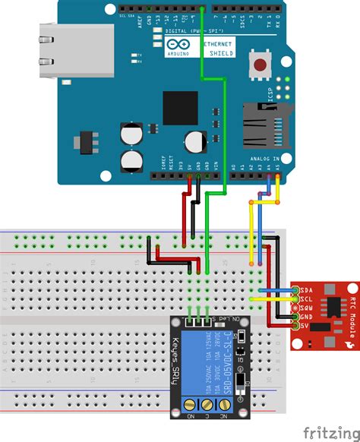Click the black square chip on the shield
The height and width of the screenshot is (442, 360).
(179, 107)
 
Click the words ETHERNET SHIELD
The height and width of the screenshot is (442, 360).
(219, 49)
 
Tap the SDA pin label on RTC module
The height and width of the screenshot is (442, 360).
(306, 289)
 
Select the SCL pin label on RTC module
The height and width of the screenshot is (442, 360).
(306, 298)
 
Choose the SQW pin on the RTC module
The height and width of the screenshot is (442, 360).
(306, 307)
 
